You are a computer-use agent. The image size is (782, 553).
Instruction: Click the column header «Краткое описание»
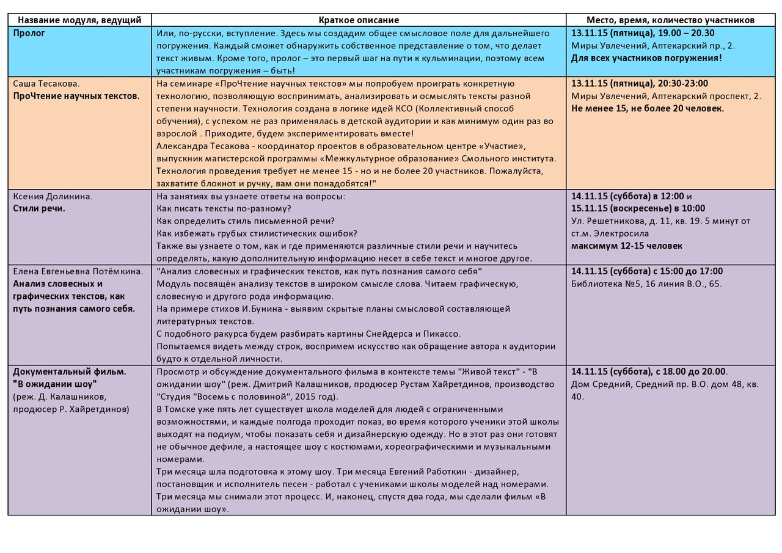click(x=359, y=20)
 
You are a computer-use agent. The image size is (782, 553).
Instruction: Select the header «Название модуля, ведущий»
click(x=79, y=20)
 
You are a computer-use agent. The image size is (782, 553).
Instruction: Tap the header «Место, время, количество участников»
click(x=670, y=20)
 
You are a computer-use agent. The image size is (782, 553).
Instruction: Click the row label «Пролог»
click(x=29, y=33)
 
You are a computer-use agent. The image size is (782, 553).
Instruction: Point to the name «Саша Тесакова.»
click(x=46, y=83)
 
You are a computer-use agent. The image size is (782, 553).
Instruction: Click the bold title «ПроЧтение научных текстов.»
click(x=76, y=96)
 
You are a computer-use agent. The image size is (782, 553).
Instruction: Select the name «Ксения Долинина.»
click(x=53, y=196)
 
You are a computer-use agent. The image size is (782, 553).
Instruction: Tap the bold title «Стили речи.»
click(x=39, y=208)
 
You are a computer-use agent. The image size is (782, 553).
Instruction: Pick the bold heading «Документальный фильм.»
click(x=70, y=372)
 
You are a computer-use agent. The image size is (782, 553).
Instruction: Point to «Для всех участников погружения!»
click(x=646, y=59)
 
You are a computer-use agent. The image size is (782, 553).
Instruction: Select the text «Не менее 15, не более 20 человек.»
click(x=648, y=108)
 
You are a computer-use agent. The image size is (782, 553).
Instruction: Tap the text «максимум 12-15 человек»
click(x=627, y=246)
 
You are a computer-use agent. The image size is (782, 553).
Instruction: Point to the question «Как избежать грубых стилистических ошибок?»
click(x=257, y=233)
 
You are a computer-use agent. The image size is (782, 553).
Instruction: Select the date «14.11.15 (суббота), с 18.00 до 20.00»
click(x=648, y=372)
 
